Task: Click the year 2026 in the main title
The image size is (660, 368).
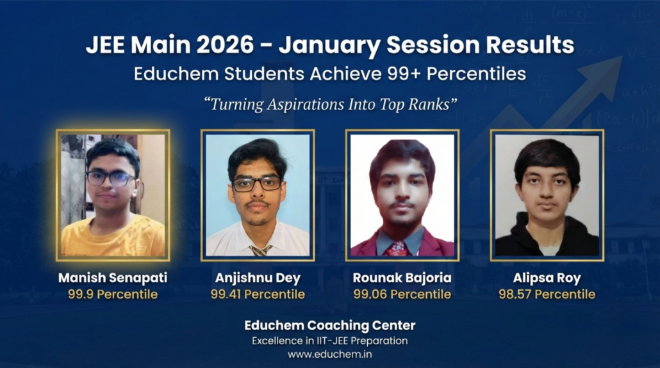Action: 225,45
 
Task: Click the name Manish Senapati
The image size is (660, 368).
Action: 113,278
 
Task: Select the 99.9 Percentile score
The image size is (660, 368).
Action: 113,294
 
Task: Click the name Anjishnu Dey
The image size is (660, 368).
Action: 258,278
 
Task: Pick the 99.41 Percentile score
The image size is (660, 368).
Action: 258,294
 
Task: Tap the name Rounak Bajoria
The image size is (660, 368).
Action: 402,278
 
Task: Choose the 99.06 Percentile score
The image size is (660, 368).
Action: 402,294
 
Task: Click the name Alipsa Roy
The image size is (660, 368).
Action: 547,278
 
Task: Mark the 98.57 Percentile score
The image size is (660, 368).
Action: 547,294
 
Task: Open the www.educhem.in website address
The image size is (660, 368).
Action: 329,354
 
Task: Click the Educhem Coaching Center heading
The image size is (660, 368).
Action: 329,326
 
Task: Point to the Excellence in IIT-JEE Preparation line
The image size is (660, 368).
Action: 329,340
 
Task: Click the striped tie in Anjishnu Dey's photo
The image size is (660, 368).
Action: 261,250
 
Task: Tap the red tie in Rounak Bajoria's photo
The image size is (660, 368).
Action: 397,249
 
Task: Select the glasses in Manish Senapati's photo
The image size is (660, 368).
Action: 111,179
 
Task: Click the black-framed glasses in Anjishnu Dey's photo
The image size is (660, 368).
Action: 257,184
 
